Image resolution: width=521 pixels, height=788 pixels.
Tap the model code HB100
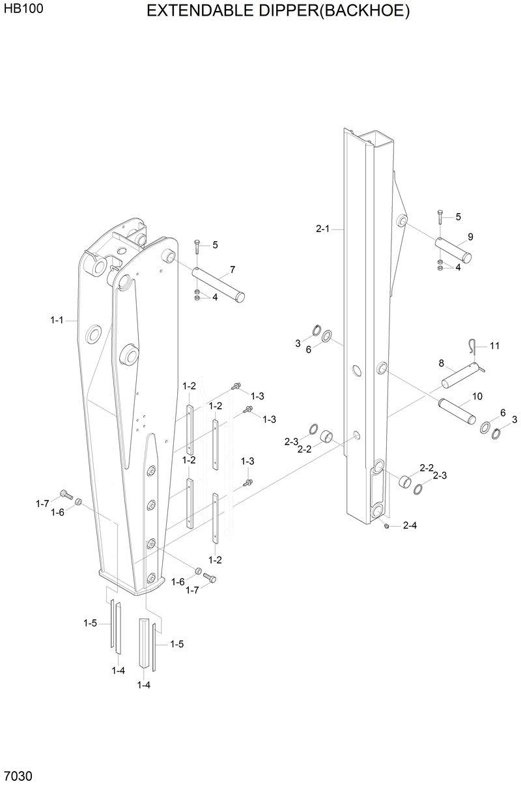click(18, 10)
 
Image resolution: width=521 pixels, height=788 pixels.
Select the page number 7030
click(18, 776)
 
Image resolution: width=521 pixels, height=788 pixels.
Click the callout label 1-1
click(57, 320)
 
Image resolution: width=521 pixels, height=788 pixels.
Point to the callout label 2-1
click(323, 229)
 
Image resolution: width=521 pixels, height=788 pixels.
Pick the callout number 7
click(232, 269)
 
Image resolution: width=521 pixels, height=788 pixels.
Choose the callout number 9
click(470, 237)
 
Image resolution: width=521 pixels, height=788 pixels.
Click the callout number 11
click(494, 345)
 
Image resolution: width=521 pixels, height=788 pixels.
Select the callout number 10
click(477, 396)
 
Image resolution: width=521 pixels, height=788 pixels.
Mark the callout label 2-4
click(410, 525)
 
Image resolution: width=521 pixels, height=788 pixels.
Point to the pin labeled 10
click(456, 410)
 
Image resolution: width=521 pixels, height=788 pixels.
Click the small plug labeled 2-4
click(387, 525)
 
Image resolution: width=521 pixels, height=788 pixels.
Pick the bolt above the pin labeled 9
click(441, 217)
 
